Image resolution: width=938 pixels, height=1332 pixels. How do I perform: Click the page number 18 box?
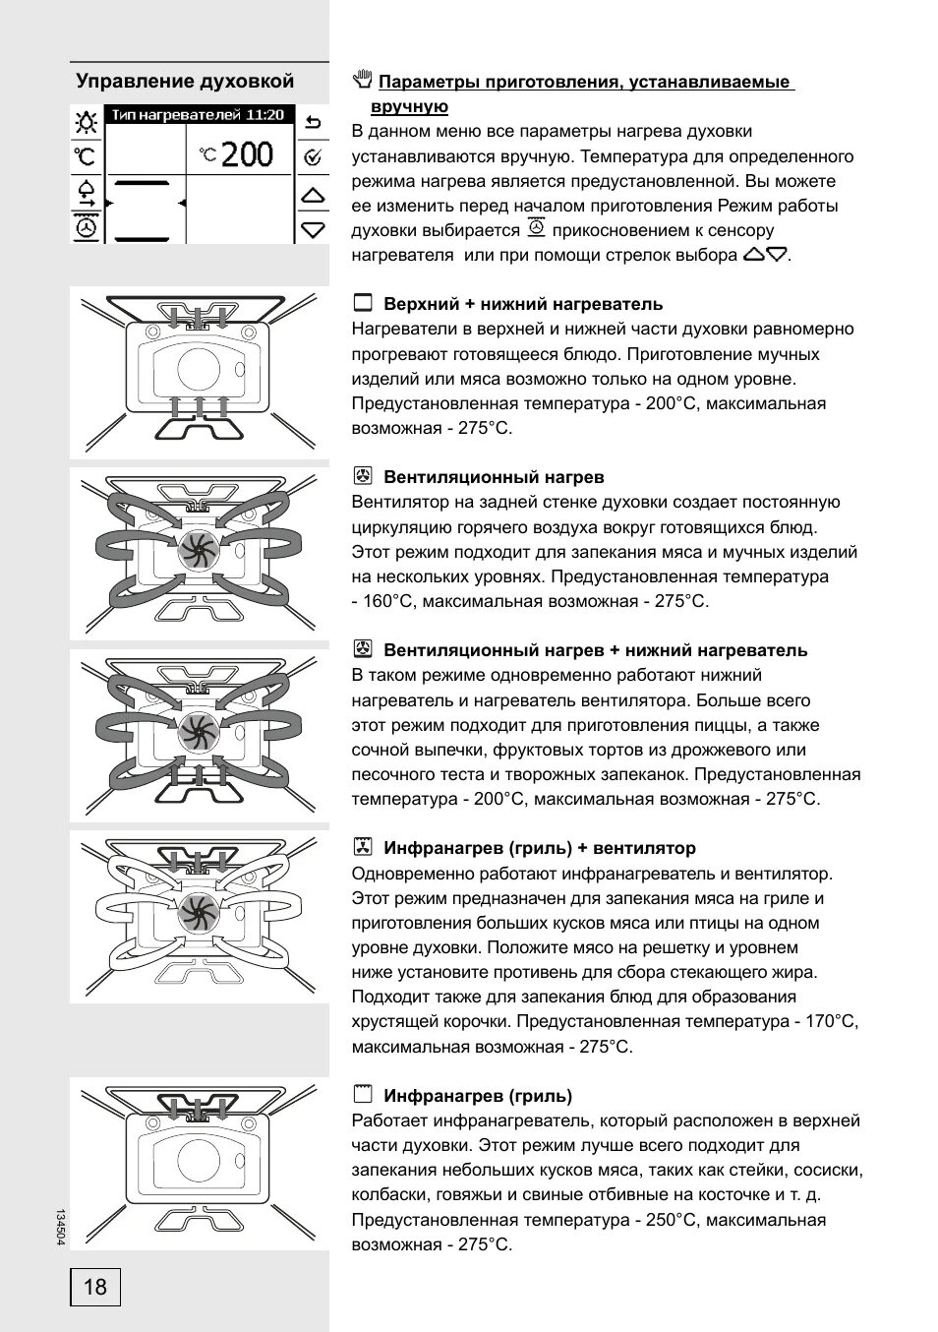pyautogui.click(x=95, y=1287)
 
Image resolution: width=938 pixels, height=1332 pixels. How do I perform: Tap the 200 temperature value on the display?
pyautogui.click(x=247, y=154)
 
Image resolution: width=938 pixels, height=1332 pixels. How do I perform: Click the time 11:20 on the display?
pyautogui.click(x=264, y=115)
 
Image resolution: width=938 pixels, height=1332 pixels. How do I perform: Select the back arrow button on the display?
pyautogui.click(x=313, y=122)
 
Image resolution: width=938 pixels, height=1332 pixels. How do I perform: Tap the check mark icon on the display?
pyautogui.click(x=313, y=156)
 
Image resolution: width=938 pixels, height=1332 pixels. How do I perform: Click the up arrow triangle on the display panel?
pyautogui.click(x=313, y=195)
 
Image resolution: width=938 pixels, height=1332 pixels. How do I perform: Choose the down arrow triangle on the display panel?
pyautogui.click(x=313, y=229)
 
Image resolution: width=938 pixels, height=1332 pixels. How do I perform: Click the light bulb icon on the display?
pyautogui.click(x=88, y=122)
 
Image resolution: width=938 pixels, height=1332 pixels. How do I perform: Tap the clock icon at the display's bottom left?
pyautogui.click(x=88, y=228)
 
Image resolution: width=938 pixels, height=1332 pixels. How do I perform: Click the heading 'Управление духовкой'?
pyautogui.click(x=185, y=81)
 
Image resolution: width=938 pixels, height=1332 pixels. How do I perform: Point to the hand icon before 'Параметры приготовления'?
pyautogui.click(x=362, y=79)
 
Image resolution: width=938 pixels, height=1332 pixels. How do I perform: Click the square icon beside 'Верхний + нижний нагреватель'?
pyautogui.click(x=363, y=303)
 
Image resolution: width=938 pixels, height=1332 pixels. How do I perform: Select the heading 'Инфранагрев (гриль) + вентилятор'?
pyautogui.click(x=539, y=848)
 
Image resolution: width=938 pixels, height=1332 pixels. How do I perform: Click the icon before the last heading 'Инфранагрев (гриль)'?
pyautogui.click(x=363, y=1094)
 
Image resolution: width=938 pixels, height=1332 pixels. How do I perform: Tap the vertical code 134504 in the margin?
pyautogui.click(x=60, y=1228)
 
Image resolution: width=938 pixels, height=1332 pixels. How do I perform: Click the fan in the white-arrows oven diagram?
pyautogui.click(x=197, y=914)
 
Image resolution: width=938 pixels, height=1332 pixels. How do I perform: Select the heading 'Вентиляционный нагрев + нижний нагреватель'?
pyautogui.click(x=595, y=650)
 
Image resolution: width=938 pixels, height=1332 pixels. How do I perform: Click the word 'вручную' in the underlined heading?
pyautogui.click(x=409, y=106)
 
